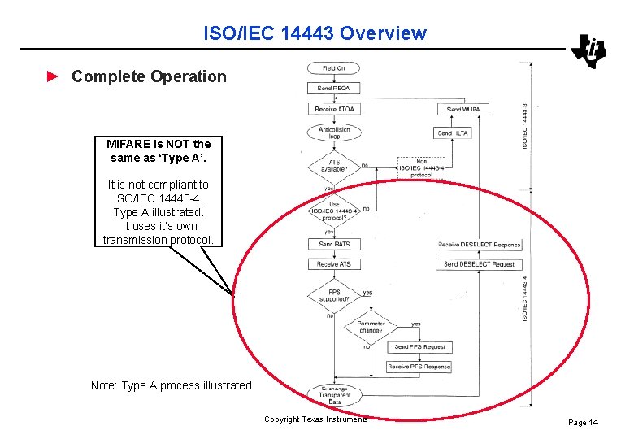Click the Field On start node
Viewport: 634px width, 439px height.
tap(333, 68)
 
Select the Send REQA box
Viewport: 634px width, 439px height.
tap(333, 88)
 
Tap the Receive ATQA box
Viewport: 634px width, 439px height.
tap(334, 109)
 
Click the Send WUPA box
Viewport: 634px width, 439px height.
tap(463, 109)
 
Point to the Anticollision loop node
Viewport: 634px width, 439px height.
tap(333, 133)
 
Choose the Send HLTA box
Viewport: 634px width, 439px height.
tap(454, 133)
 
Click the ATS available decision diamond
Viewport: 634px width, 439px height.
tap(333, 167)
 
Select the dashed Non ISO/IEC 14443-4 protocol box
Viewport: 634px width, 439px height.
tap(421, 168)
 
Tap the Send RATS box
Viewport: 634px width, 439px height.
tap(334, 244)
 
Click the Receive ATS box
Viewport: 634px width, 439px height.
tap(334, 264)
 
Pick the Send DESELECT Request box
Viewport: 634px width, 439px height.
tap(479, 264)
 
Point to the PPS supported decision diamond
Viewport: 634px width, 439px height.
tap(333, 295)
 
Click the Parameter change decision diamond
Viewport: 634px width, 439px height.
tap(370, 328)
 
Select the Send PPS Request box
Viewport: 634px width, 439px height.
tap(419, 347)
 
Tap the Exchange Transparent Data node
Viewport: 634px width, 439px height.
tap(334, 395)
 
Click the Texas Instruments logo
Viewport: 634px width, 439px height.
tap(588, 51)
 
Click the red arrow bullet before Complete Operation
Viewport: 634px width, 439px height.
tap(53, 76)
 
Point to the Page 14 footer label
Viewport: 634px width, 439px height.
tap(583, 422)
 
